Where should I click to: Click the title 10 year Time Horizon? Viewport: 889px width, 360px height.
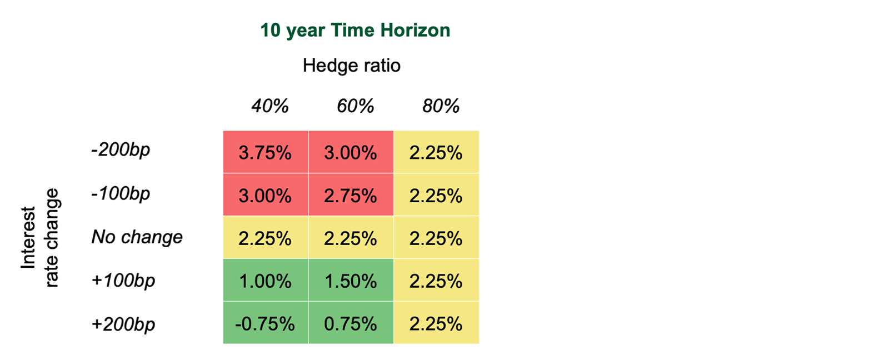(355, 31)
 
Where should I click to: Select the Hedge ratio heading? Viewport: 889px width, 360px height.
(352, 65)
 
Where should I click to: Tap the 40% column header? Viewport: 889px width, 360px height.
(270, 106)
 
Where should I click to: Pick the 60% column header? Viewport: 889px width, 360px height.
(355, 106)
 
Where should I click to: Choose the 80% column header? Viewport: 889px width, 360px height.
(441, 106)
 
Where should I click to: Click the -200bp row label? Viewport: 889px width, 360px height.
(121, 150)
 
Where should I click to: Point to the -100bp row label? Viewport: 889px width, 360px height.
(121, 194)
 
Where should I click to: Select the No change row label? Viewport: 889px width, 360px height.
(137, 237)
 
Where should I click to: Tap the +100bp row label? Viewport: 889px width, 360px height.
(123, 280)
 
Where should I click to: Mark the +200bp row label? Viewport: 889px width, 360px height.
(123, 324)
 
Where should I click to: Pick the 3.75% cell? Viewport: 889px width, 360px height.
(265, 153)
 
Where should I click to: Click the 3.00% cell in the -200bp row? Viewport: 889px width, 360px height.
(351, 153)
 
